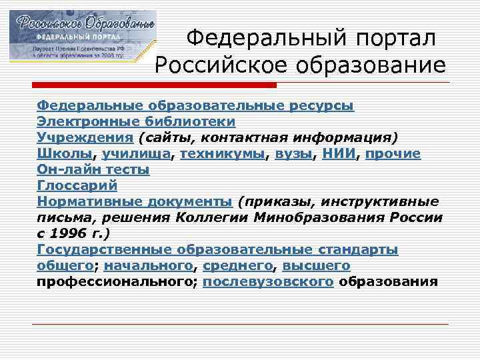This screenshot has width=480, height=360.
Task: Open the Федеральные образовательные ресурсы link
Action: point(195,106)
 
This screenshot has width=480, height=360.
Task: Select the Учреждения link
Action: point(85,138)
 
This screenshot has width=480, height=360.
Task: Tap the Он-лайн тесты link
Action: point(93,170)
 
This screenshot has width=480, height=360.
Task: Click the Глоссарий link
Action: point(77,186)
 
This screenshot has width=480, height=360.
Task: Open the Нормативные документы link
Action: point(135,202)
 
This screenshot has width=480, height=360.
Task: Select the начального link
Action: point(148,266)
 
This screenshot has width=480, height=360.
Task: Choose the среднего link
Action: point(237,266)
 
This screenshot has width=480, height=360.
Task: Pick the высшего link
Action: point(316,266)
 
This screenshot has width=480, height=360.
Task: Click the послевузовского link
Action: point(268,282)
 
